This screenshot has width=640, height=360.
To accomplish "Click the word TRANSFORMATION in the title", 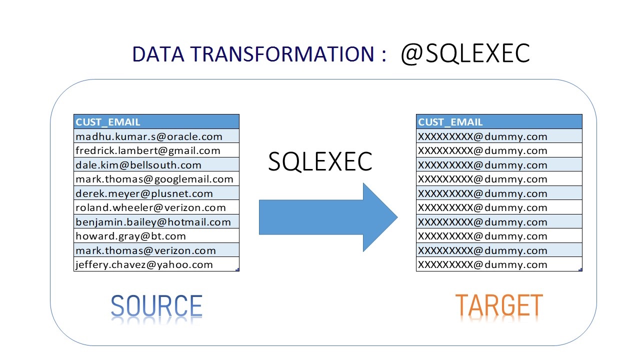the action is coord(282,54).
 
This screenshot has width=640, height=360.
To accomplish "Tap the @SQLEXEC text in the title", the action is coord(465,53).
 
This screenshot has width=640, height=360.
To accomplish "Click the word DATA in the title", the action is coord(158,54).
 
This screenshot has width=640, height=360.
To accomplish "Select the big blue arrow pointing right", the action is coord(328,217).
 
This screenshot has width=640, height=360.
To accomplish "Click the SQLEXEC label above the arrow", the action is coord(320,162).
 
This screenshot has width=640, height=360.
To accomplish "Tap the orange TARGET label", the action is coord(499,305).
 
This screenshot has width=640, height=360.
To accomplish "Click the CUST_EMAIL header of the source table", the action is coord(156,121).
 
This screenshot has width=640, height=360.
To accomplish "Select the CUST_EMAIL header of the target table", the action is coord(499,121).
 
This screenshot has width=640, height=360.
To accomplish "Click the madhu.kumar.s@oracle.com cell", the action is coord(156,136).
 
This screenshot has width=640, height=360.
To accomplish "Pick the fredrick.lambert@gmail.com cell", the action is coord(156,150).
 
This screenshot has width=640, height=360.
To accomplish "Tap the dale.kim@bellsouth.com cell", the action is coord(156,164).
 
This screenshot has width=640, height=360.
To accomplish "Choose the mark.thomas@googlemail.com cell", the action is coord(156,179).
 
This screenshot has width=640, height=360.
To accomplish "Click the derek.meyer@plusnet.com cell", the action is coord(156,193).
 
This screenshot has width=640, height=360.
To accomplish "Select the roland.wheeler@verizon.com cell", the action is coord(156,207).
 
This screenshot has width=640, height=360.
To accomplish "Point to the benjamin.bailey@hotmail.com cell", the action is coord(156,221).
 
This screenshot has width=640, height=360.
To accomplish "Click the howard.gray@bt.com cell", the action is coord(156,236).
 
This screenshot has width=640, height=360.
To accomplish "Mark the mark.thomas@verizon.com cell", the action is coord(156,250).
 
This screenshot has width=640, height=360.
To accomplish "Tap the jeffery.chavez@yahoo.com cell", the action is coord(156,264).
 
